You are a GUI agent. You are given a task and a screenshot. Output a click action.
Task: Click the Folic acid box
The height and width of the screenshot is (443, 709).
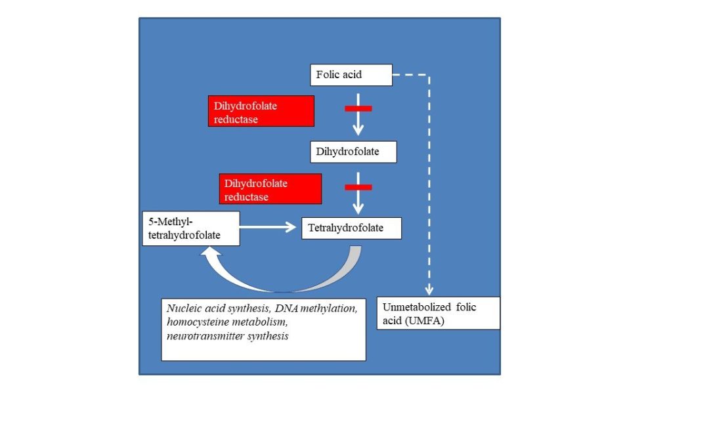point(351,75)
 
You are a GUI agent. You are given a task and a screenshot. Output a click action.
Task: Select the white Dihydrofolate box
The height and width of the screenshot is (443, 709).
point(353,152)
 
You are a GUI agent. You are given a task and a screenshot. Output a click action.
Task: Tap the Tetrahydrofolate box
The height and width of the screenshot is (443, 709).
point(351,228)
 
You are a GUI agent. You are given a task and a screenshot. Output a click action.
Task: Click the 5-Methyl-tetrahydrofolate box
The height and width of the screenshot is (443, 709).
point(191,229)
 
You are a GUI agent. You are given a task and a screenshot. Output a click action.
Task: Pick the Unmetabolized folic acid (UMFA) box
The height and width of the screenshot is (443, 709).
point(438,313)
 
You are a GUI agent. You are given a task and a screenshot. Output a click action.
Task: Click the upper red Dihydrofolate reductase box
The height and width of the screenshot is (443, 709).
point(261,111)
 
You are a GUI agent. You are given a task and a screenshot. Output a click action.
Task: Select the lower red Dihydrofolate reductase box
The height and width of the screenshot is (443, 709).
point(270,189)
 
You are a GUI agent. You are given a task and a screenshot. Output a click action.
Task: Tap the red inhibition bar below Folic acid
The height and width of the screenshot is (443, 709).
point(358,108)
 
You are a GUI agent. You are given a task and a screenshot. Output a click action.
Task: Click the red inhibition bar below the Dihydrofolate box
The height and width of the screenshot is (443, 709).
point(358,187)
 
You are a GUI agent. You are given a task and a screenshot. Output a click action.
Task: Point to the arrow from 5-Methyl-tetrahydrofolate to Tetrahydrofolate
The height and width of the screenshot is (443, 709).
point(268,227)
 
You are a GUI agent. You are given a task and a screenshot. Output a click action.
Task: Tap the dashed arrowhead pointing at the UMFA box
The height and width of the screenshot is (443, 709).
point(429,290)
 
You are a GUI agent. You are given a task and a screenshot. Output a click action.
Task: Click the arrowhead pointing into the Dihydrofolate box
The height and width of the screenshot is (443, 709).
point(358,130)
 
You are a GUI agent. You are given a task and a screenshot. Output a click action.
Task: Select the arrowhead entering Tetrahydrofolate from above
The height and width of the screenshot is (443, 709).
point(358,209)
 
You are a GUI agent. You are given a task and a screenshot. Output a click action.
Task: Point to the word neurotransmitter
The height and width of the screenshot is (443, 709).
point(203,336)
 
